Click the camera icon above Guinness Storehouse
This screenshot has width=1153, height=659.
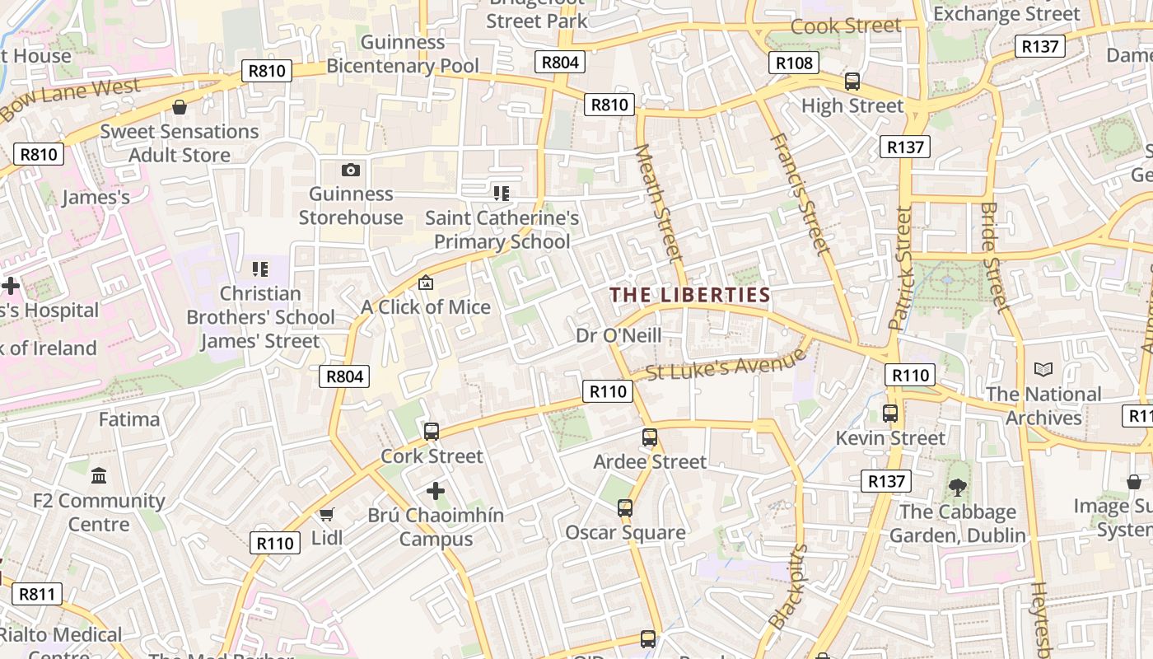(x=351, y=171)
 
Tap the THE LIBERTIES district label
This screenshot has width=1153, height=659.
(x=690, y=295)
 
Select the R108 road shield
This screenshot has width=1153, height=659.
(x=794, y=63)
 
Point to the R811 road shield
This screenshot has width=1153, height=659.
(x=37, y=594)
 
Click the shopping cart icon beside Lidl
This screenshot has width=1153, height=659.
(x=327, y=515)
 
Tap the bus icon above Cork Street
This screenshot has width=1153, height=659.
(x=431, y=432)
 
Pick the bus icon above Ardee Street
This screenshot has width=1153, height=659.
(x=650, y=437)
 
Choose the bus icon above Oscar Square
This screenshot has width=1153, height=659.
(x=625, y=508)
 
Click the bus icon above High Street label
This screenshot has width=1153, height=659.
(x=852, y=82)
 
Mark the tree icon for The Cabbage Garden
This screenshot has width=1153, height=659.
(x=958, y=488)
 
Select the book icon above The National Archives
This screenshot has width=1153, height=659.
(x=1043, y=370)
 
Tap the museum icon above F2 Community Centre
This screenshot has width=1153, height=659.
(x=99, y=476)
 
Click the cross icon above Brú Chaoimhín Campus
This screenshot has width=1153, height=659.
(x=435, y=492)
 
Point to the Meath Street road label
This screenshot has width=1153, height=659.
(x=660, y=203)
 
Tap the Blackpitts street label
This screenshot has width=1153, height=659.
(x=787, y=587)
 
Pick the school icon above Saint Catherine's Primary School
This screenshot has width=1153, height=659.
(x=502, y=194)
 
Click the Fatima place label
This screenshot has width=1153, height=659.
(x=129, y=419)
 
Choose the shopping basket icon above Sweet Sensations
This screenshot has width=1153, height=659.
(x=179, y=107)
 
